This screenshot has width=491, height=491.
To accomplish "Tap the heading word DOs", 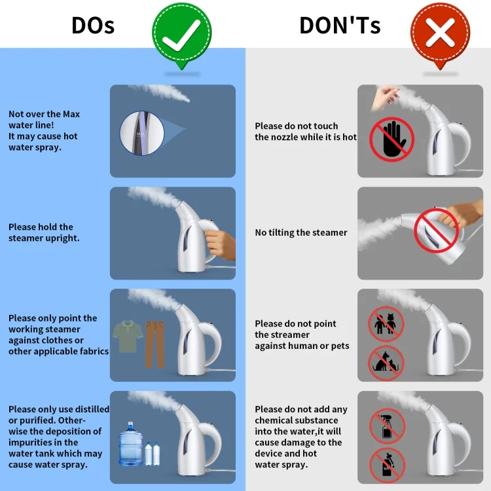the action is tap(93, 26).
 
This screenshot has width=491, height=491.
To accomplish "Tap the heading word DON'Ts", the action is tap(340, 26).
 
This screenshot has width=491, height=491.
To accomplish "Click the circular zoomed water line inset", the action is tap(142, 133).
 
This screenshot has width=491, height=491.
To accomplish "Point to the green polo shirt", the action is tap(128, 336).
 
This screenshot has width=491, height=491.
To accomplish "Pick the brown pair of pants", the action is tap(155, 344).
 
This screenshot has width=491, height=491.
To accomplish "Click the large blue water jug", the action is tap(130, 444).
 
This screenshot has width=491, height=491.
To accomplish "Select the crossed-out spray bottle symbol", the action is tap(388, 426).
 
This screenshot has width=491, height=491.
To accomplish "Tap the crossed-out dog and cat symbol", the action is tap(386, 363).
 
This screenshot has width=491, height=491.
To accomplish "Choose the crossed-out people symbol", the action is tap(386, 324).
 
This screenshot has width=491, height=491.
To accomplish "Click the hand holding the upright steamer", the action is tap(220, 244).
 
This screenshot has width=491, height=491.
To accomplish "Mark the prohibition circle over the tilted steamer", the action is tap(437, 231).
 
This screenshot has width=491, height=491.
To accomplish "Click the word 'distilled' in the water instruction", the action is tap(92, 409).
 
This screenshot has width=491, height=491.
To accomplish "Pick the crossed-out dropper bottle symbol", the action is tap(388, 465).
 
